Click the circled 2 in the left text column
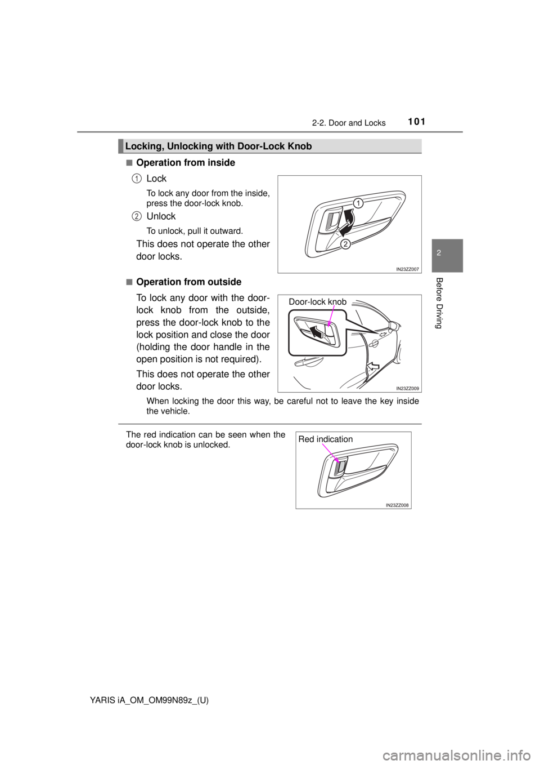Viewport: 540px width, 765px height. pos(137,216)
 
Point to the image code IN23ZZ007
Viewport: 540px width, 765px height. pos(404,270)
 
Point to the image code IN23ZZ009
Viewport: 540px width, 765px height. pos(404,388)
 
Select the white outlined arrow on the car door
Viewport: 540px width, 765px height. pos(372,368)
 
